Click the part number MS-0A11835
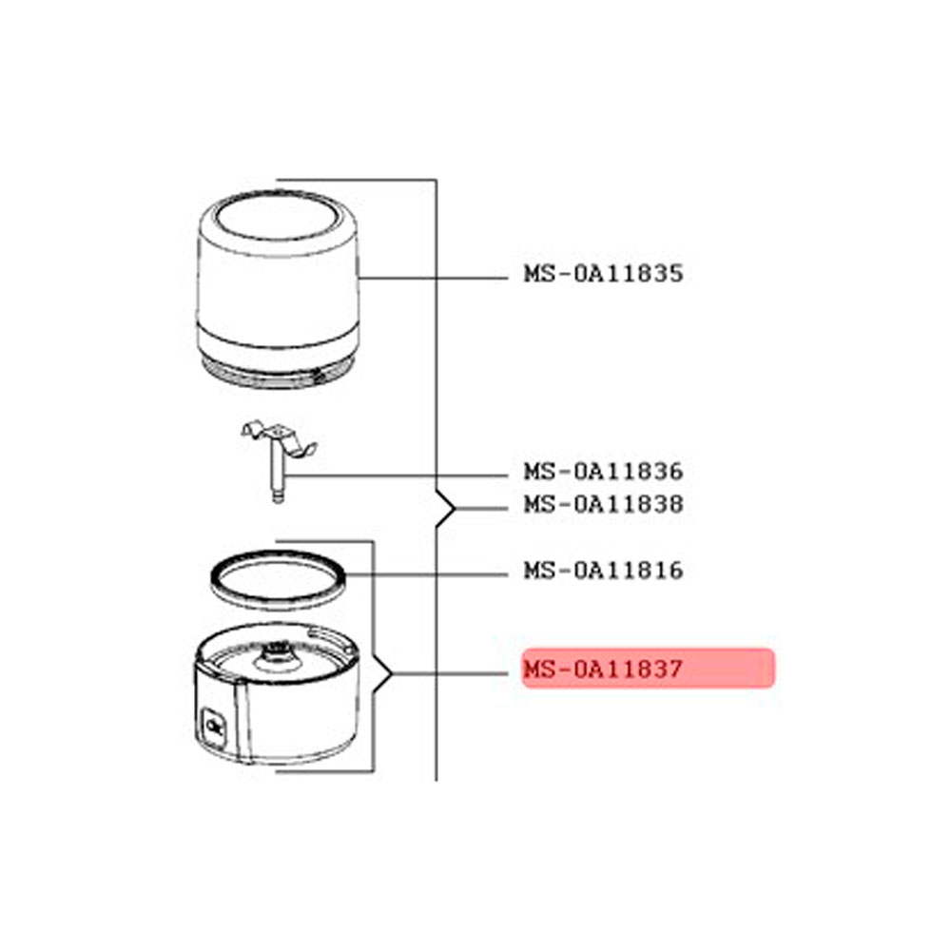point(604,274)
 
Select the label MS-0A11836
point(604,472)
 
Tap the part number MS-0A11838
point(604,504)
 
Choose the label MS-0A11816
point(604,570)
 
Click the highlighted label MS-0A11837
point(604,669)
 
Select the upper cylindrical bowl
point(278,289)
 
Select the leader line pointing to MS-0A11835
point(433,278)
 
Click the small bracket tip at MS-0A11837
point(392,673)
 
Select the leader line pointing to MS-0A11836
point(396,475)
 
